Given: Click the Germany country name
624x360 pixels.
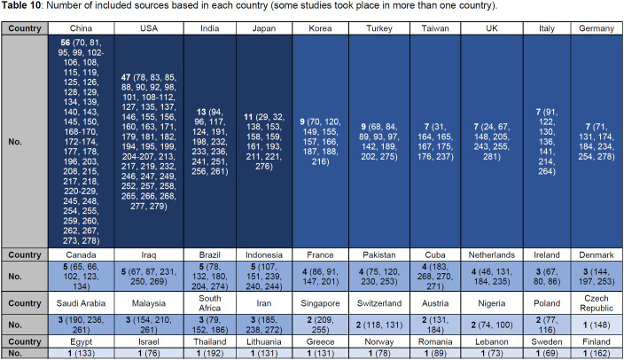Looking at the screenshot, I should (x=591, y=28).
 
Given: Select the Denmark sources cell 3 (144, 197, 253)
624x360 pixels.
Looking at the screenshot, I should (x=591, y=274).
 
